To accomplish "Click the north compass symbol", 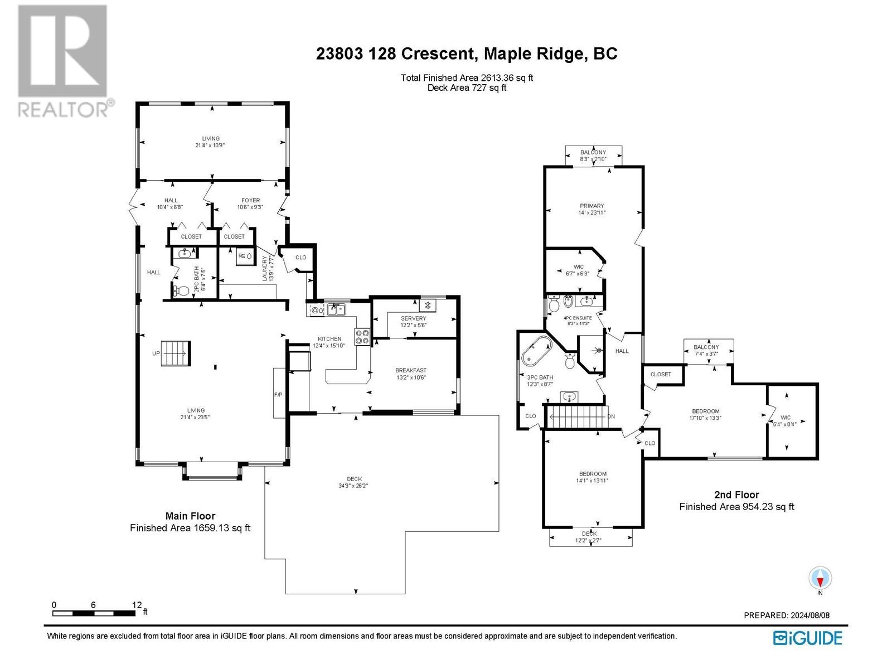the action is coord(820,579).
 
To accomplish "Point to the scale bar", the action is coord(94,613).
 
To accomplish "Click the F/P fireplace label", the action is coord(278,394).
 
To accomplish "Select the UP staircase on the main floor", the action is coord(176,353).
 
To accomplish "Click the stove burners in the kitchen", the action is coord(362,336).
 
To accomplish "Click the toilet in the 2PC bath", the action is coord(182,291).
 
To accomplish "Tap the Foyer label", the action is coord(250,200).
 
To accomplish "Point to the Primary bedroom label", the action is coord(592,206).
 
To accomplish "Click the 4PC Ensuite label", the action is coord(578,318).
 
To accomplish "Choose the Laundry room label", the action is coord(265,268).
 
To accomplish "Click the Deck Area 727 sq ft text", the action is coord(467,88).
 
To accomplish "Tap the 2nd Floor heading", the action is coord(737,495).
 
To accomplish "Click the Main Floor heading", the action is coord(190,516).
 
